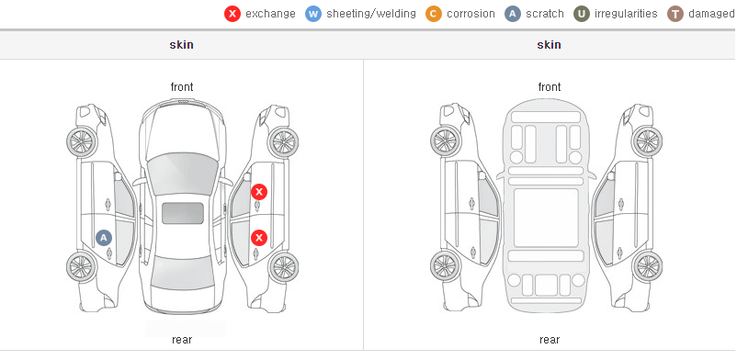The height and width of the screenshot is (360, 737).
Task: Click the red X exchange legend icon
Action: [x=232, y=14]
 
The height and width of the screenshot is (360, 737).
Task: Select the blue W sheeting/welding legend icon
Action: [x=313, y=14]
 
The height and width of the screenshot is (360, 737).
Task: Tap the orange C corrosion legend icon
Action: [x=434, y=14]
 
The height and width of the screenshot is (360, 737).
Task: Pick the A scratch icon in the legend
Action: [x=513, y=14]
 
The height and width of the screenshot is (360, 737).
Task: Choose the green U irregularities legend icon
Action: [x=582, y=14]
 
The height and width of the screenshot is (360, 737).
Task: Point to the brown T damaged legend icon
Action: [x=675, y=14]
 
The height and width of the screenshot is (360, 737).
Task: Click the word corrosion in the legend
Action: [x=471, y=14]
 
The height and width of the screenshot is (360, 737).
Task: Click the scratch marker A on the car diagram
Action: [x=104, y=238]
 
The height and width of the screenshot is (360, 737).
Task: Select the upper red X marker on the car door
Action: [x=259, y=192]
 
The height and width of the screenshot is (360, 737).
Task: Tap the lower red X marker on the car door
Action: [x=259, y=238]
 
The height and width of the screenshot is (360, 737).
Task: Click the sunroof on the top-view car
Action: [x=183, y=213]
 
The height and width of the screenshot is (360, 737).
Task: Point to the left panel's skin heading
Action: [x=181, y=45]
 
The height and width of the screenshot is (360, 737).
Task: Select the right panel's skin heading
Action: [x=549, y=45]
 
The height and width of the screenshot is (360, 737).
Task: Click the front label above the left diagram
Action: [x=182, y=87]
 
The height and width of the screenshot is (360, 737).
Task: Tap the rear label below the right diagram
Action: [x=550, y=340]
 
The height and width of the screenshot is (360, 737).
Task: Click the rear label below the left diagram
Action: [x=182, y=340]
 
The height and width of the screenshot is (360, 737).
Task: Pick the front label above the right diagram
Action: [x=550, y=87]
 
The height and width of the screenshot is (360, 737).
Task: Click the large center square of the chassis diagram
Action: [x=546, y=218]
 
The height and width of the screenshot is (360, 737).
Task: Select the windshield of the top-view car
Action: [x=182, y=174]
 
